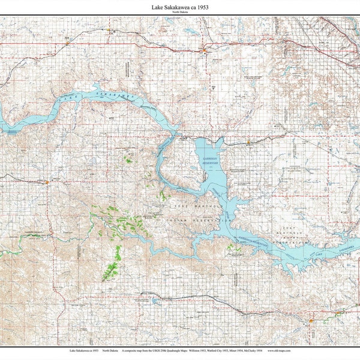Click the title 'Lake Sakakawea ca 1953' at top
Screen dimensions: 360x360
pyautogui.click(x=179, y=7)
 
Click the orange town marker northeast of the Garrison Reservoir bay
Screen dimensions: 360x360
pyautogui.click(x=248, y=142)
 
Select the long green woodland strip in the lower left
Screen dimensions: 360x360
pyautogui.click(x=112, y=264)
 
